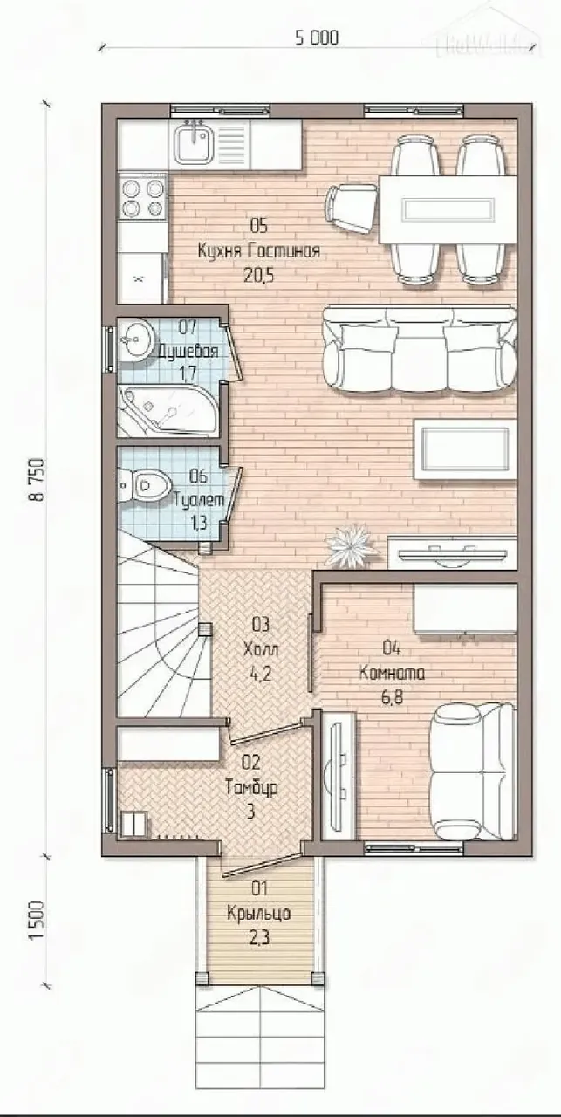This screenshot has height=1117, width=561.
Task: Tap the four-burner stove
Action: tap(142, 196)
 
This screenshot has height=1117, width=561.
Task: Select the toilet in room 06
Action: tap(144, 483)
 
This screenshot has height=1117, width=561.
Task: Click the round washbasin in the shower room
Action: tap(134, 340)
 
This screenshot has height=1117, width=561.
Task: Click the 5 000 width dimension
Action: tap(316, 38)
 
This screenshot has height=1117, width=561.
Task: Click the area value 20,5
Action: tap(259, 276)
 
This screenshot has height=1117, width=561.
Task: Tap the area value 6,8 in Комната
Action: tap(392, 697)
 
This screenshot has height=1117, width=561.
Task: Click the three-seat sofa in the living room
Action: tap(420, 348)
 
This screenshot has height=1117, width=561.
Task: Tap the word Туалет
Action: tap(199, 500)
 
